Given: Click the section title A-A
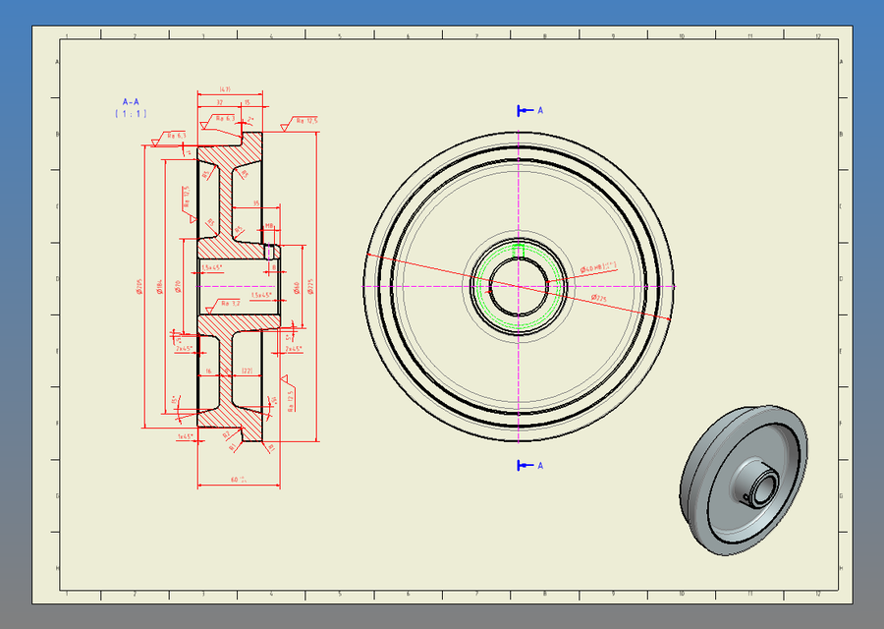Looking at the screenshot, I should click(x=131, y=101).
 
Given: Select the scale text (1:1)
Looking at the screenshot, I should click(x=131, y=114).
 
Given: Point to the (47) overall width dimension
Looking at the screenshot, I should click(x=225, y=89).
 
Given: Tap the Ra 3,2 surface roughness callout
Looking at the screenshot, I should click(x=228, y=303).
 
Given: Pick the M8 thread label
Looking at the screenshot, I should click(x=269, y=225).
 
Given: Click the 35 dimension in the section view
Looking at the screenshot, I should click(x=256, y=203).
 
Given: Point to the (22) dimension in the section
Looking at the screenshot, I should click(x=248, y=371).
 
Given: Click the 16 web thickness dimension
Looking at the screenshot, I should click(x=208, y=371).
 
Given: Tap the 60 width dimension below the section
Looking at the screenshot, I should click(x=237, y=480).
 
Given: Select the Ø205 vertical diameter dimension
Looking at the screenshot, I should click(x=140, y=286).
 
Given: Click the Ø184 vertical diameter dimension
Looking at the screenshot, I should click(x=158, y=284).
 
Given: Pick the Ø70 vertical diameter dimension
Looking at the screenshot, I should click(x=178, y=285).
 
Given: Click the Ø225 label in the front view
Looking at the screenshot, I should click(x=600, y=297).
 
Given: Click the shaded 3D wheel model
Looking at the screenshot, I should click(x=743, y=480).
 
